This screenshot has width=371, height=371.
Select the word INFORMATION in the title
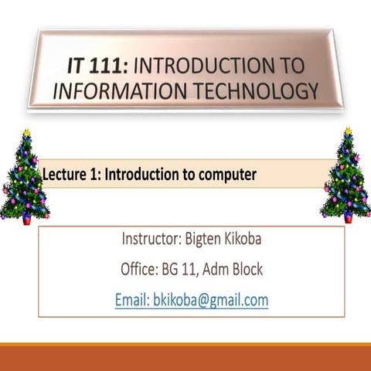[x=113, y=90]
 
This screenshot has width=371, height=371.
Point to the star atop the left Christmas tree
[x=26, y=134]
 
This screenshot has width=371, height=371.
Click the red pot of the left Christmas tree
[x=27, y=219]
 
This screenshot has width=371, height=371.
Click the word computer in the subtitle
[x=228, y=175]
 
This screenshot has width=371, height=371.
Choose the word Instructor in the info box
[x=151, y=239]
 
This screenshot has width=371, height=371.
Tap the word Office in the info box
[x=140, y=270]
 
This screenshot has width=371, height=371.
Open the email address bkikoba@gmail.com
[x=209, y=300]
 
